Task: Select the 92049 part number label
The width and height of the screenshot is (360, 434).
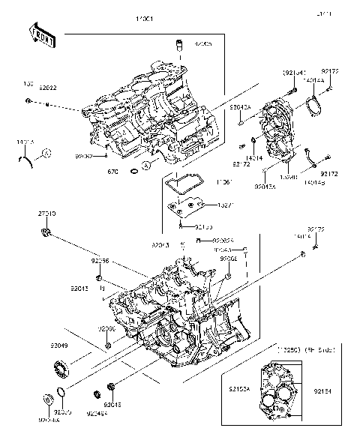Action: tap(59, 346)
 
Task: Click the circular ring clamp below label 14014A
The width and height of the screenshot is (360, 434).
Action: tap(313, 109)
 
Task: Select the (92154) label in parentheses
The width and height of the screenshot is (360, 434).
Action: tap(293, 73)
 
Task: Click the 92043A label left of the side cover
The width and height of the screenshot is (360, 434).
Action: tap(239, 109)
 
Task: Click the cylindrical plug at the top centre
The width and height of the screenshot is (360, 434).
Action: tap(179, 46)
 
